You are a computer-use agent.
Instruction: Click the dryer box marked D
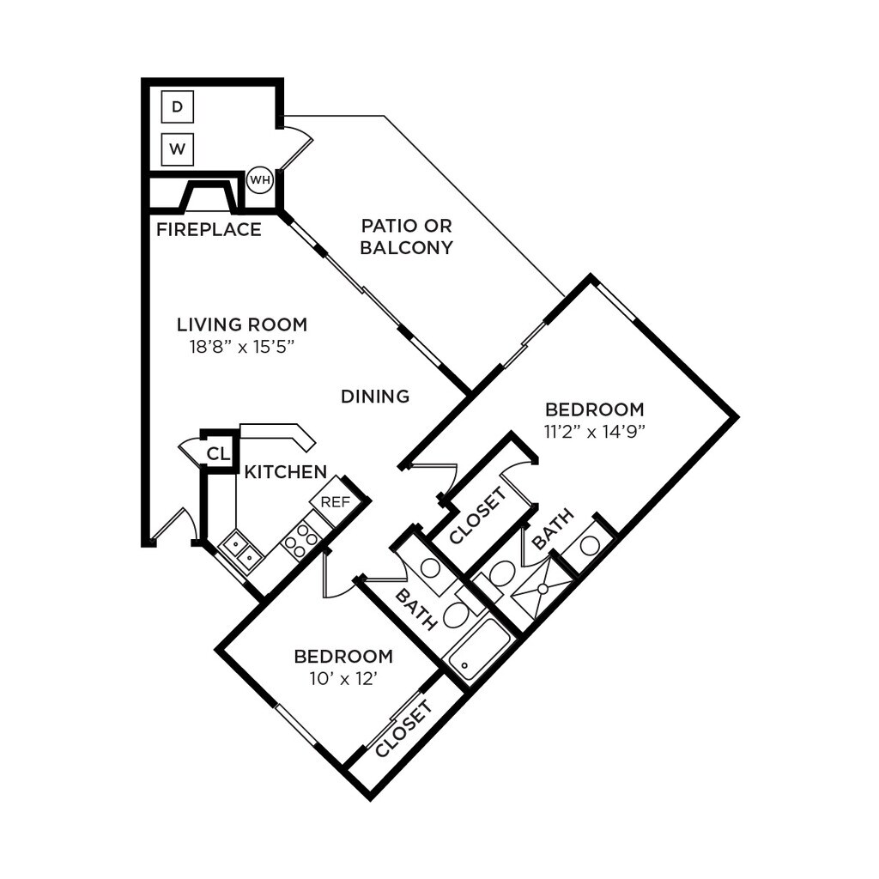tap(177, 107)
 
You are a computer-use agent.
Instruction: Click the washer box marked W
tap(177, 149)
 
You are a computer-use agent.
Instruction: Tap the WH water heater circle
tap(259, 180)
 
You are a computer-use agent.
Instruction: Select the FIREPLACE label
tap(209, 230)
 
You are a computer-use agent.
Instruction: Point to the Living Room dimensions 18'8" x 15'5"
tap(242, 348)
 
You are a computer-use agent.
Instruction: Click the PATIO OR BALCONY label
tap(406, 237)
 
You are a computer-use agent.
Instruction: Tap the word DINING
tap(375, 397)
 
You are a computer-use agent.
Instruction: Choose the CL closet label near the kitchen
tap(219, 454)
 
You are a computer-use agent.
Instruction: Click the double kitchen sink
tap(240, 550)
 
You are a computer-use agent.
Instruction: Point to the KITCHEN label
tap(285, 472)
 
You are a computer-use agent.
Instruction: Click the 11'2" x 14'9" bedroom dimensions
tap(594, 432)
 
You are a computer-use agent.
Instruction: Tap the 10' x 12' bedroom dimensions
tap(343, 678)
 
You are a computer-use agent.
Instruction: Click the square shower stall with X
tap(541, 589)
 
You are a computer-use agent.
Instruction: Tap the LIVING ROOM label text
tap(242, 325)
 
